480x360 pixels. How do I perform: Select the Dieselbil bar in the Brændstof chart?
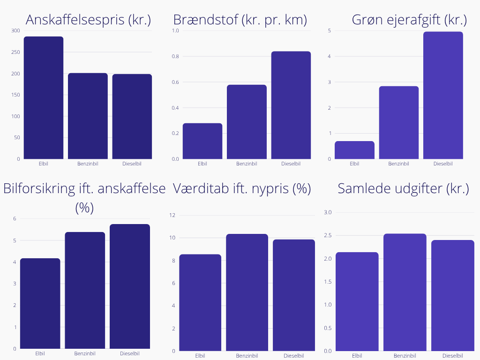tap(291, 105)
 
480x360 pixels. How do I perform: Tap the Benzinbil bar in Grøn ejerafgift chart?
tap(399, 122)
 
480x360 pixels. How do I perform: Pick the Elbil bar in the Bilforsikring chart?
tap(40, 303)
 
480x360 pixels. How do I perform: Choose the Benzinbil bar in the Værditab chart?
tap(247, 292)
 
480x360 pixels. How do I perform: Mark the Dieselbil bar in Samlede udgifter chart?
tap(453, 295)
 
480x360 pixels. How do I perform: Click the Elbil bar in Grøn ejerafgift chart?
tap(354, 150)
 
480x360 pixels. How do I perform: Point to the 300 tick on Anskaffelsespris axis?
tap(16, 31)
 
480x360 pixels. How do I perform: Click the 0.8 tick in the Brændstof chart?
tap(175, 57)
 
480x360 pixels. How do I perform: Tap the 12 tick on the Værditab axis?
tap(172, 216)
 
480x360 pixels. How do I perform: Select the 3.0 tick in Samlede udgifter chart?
tap(328, 212)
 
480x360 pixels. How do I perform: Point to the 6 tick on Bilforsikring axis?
tap(15, 219)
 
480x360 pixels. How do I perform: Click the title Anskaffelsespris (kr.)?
tap(88, 20)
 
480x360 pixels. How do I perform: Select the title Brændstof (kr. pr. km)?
tap(240, 20)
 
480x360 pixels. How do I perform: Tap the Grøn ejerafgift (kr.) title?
tap(409, 20)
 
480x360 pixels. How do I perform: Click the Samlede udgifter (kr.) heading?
tap(403, 188)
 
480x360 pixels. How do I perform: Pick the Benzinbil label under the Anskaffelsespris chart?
tap(88, 164)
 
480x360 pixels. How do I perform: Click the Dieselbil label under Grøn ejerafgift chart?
tap(443, 164)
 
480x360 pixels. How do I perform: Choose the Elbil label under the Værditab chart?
tap(200, 356)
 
